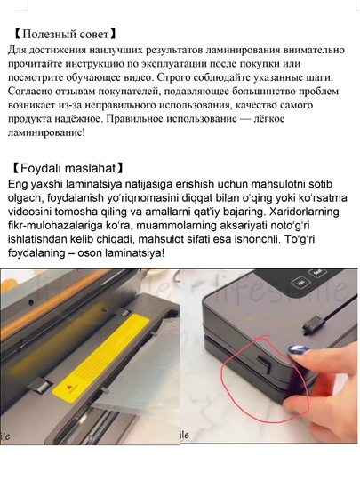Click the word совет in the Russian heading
coord(94,35)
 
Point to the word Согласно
coord(30,92)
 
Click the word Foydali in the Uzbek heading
coord(41,168)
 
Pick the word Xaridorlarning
coord(305,212)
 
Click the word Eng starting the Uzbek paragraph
coord(18,184)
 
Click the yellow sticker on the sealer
coord(100,358)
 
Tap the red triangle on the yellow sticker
coord(68,388)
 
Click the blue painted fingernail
coord(298,349)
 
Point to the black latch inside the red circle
coord(264,364)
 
